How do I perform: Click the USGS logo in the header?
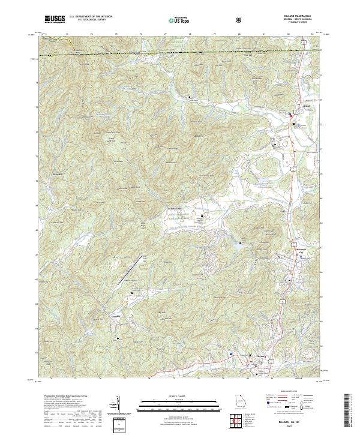tap(55, 19)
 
